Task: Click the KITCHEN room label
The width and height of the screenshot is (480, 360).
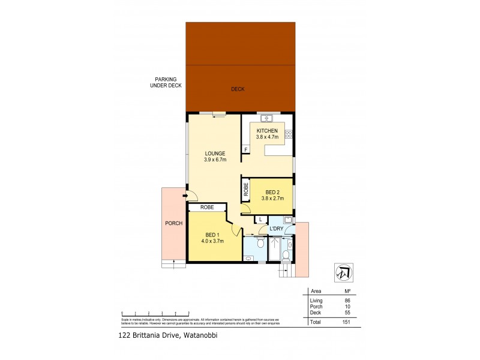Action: click(267, 131)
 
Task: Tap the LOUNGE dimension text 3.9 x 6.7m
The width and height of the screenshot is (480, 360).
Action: click(214, 161)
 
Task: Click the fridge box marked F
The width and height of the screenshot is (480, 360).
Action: click(245, 149)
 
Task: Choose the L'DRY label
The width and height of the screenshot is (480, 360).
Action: click(276, 229)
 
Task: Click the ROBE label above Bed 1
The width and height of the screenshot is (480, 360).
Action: click(207, 207)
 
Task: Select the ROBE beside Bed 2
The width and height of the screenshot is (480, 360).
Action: click(246, 190)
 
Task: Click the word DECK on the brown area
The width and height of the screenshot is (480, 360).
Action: click(238, 89)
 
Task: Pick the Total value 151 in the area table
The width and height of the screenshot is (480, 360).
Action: click(344, 322)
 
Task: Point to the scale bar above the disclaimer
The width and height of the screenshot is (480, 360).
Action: click(155, 313)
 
